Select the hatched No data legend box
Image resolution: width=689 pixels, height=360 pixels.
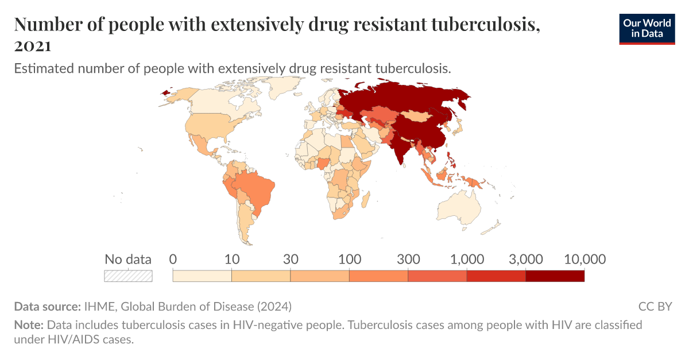128,276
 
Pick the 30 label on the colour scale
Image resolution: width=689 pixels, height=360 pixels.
291,259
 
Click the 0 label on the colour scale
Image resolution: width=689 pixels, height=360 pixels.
173,259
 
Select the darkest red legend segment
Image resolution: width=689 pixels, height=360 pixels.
555,276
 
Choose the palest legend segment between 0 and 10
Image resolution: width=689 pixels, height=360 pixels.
202,276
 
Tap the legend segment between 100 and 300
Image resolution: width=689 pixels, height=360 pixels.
378,276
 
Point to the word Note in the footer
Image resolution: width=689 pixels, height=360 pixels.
28,325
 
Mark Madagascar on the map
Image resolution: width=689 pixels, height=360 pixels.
364,200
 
